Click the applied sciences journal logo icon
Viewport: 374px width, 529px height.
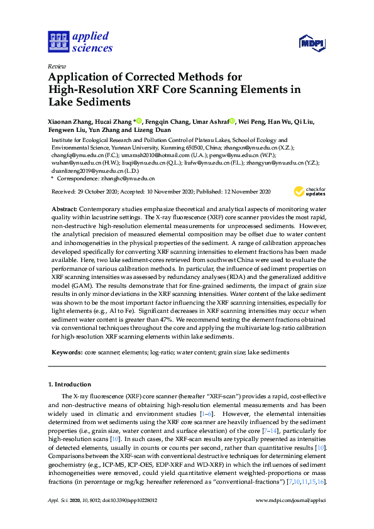click(57, 41)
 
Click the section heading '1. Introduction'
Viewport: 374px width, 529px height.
click(69, 384)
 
